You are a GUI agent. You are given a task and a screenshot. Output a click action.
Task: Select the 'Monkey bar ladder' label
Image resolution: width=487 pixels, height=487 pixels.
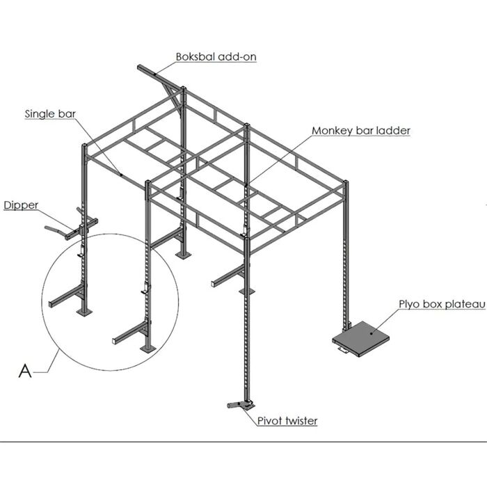pyautogui.click(x=361, y=130)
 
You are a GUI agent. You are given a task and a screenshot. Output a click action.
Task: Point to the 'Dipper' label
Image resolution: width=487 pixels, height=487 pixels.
pyautogui.click(x=21, y=205)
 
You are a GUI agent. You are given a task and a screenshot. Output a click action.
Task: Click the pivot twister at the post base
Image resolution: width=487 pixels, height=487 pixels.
pyautogui.click(x=240, y=404)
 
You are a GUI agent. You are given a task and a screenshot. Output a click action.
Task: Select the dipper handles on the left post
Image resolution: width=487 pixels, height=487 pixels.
pyautogui.click(x=59, y=227)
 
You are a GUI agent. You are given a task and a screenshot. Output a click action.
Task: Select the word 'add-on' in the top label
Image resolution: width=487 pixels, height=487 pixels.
pyautogui.click(x=237, y=57)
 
